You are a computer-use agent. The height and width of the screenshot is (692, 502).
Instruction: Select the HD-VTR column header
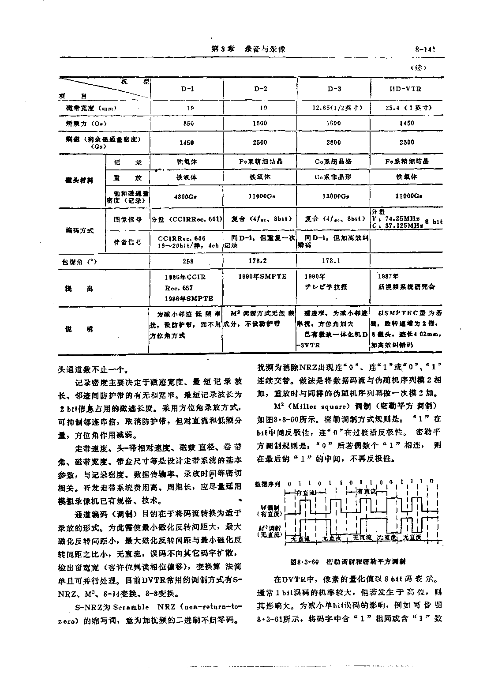[x=405, y=89]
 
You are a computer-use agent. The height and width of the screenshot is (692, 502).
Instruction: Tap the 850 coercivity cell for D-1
[x=188, y=124]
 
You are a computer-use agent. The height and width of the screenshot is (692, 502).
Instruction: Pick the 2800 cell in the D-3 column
[x=333, y=142]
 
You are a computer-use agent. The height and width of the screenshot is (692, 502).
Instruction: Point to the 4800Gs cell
[x=187, y=196]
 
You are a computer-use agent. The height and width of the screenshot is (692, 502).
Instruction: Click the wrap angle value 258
[x=188, y=261]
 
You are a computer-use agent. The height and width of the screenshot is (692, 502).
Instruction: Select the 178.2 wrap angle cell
[x=261, y=260]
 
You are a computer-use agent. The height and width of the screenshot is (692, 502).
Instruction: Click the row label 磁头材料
[x=79, y=180]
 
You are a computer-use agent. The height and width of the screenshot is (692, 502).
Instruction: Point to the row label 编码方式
[x=79, y=230]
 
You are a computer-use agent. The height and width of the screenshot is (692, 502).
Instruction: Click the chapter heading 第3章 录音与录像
[x=248, y=49]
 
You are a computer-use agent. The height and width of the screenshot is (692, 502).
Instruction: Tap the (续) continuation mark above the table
[x=418, y=68]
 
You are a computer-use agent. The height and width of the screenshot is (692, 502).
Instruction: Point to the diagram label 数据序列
[x=268, y=484]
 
